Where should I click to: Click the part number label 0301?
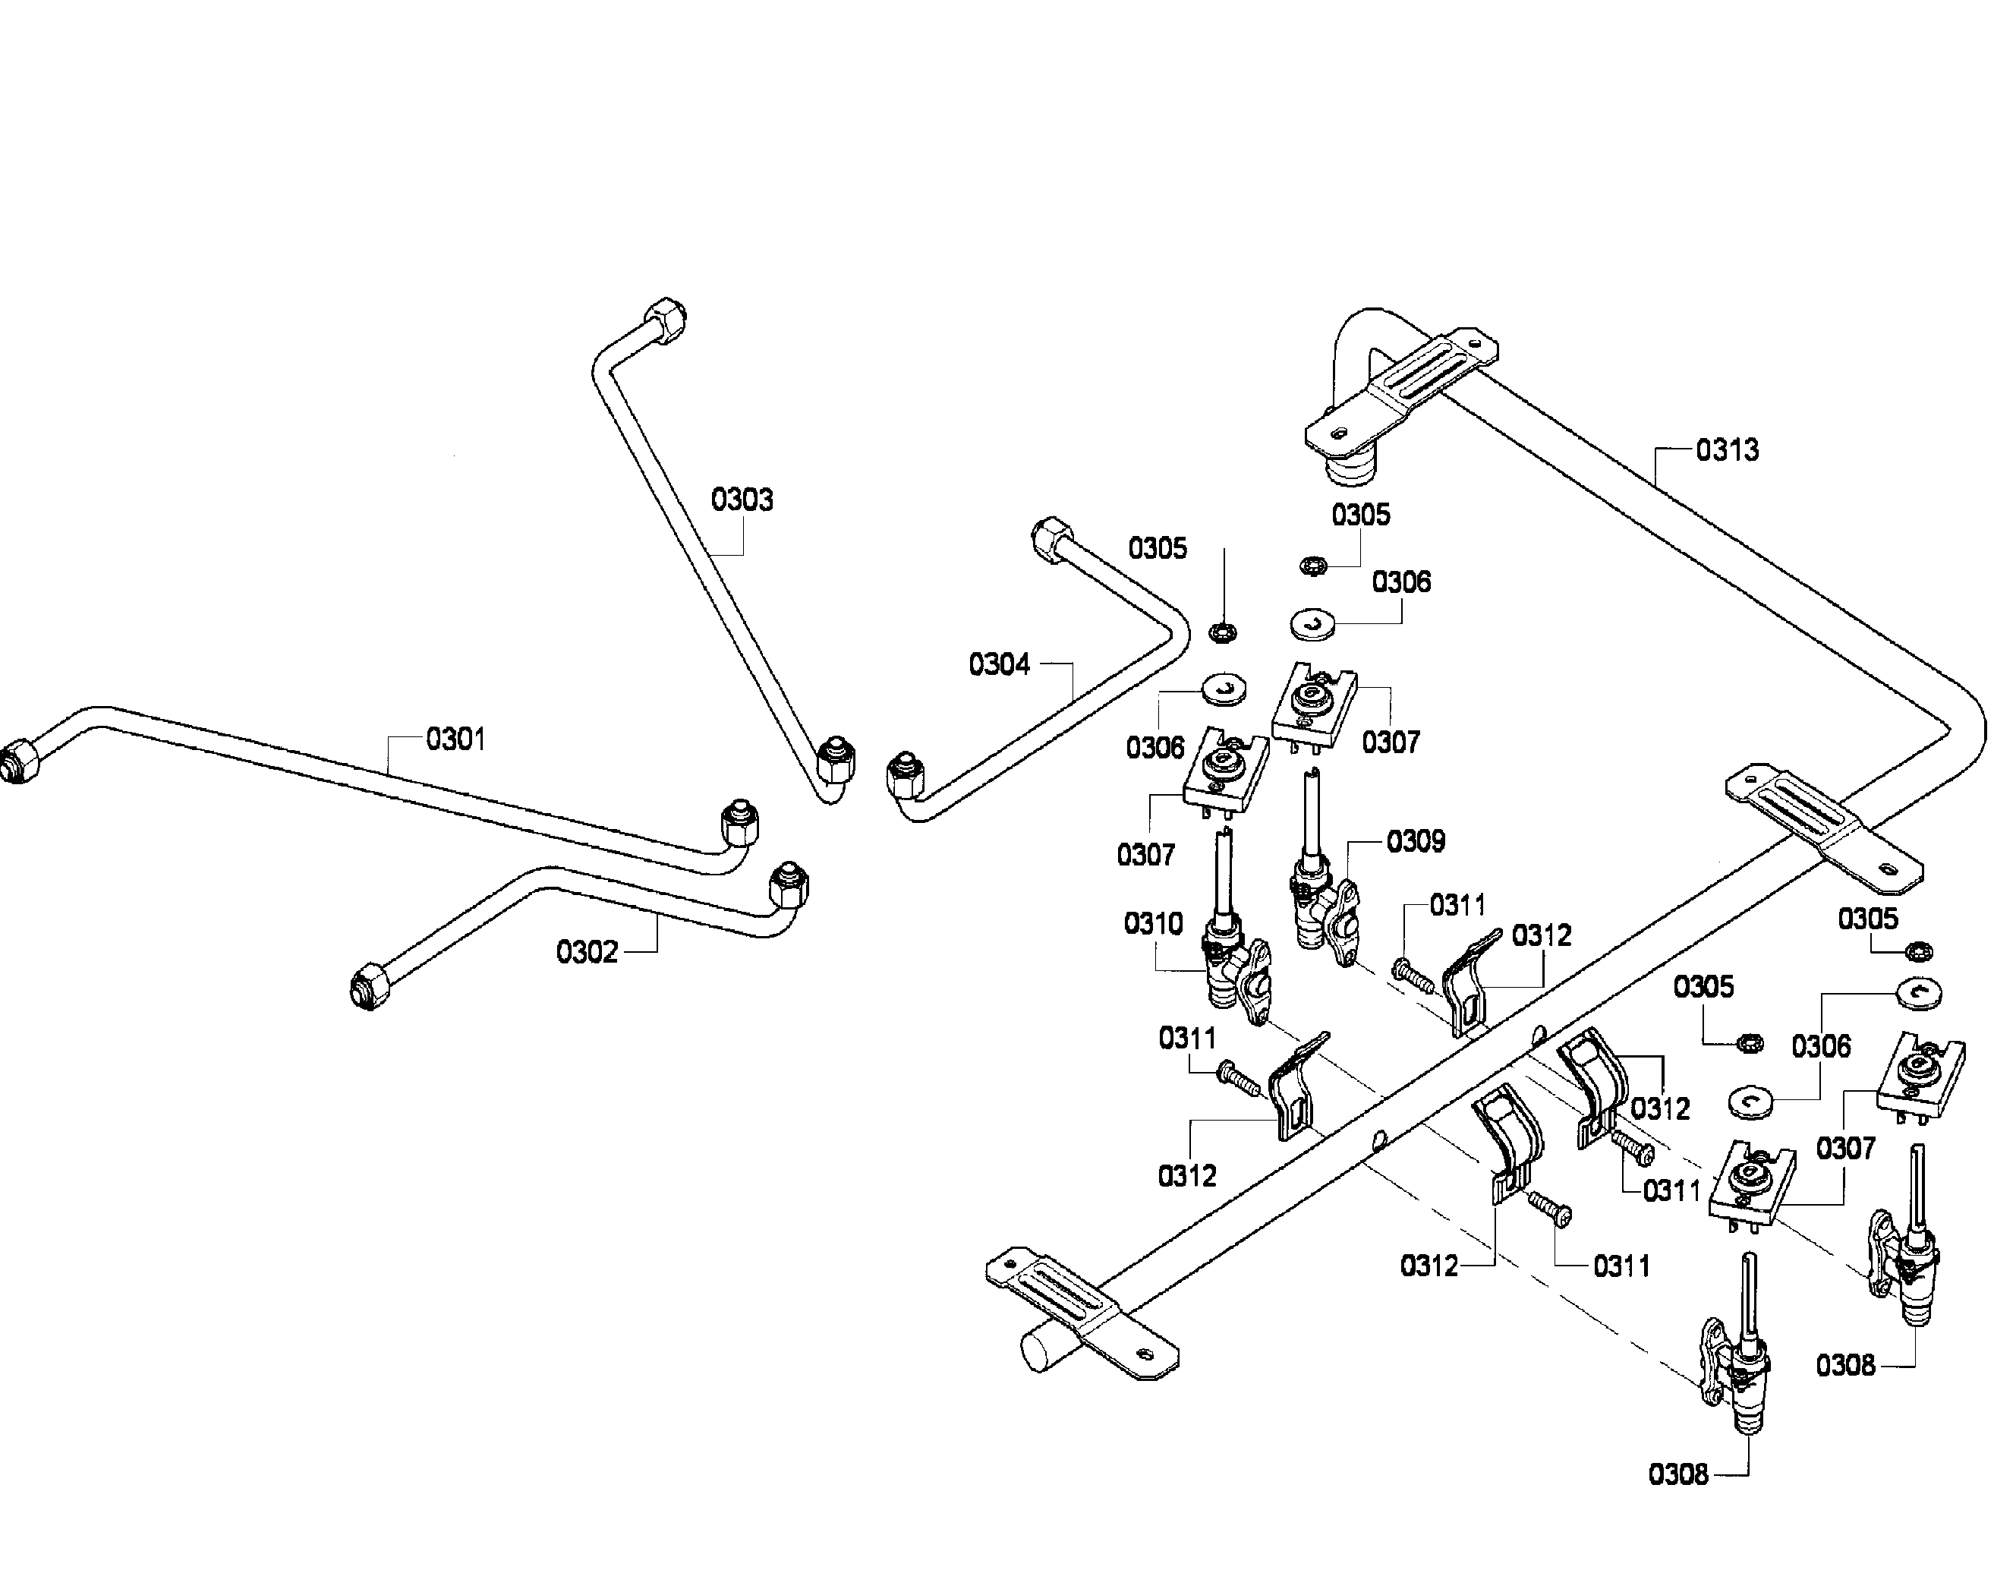pyautogui.click(x=455, y=738)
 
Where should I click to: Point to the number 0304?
pyautogui.click(x=1000, y=664)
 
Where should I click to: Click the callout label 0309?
pyautogui.click(x=1416, y=840)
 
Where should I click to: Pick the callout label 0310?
pyautogui.click(x=1153, y=923)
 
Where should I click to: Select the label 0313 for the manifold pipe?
pyautogui.click(x=1728, y=449)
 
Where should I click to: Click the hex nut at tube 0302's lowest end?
pyautogui.click(x=370, y=986)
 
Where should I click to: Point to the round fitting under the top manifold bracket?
pyautogui.click(x=1351, y=468)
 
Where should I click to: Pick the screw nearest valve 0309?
pyautogui.click(x=1413, y=974)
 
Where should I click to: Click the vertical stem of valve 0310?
pyautogui.click(x=1223, y=873)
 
